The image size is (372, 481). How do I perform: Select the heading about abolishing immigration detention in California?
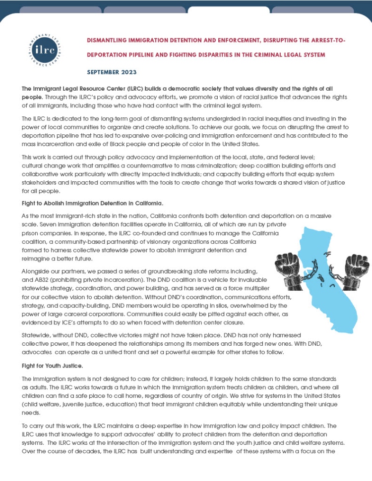coord(93,204)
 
